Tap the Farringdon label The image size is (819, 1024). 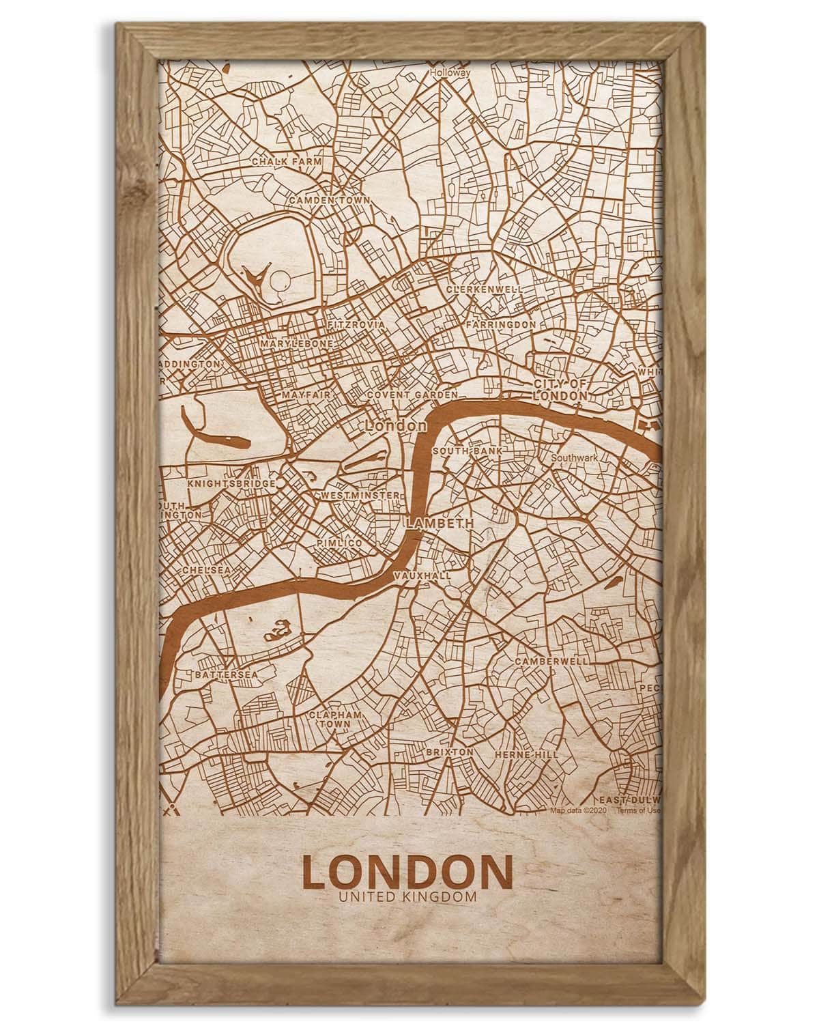[x=501, y=324]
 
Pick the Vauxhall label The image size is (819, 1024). [x=422, y=576]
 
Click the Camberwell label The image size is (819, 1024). [x=551, y=662]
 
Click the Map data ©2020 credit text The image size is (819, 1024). [x=578, y=811]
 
